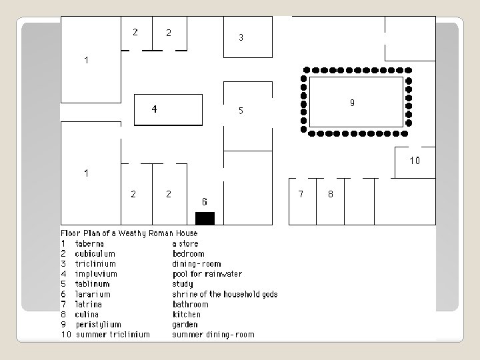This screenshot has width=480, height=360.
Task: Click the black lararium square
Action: [x=205, y=218]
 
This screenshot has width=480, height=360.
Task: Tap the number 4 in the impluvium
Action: [x=155, y=109]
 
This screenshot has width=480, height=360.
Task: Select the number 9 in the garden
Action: [x=352, y=103]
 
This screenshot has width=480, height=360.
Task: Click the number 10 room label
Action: [x=415, y=161]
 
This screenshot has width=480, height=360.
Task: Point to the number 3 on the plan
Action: [x=241, y=38]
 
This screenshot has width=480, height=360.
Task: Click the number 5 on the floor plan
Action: [x=241, y=111]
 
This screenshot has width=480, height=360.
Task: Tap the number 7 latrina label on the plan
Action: [x=301, y=194]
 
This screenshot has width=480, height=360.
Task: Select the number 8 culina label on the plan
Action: [x=330, y=194]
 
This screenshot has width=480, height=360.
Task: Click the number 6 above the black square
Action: [x=205, y=201]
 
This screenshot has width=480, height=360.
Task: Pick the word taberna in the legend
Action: [x=89, y=243]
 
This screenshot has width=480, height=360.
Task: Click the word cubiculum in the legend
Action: [x=95, y=253]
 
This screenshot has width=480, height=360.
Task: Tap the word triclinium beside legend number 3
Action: [x=94, y=264]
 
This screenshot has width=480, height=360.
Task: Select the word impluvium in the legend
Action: [x=96, y=274]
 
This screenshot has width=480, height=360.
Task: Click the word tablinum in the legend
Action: [x=93, y=284]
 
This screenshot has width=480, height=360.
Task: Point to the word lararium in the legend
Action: [x=93, y=294]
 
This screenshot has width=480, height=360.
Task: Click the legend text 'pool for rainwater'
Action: [x=207, y=274]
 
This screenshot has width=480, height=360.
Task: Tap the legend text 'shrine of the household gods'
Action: [x=225, y=294]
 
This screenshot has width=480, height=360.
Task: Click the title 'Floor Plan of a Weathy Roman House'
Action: [x=129, y=233]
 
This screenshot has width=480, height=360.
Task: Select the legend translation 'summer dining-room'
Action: [x=213, y=335]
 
